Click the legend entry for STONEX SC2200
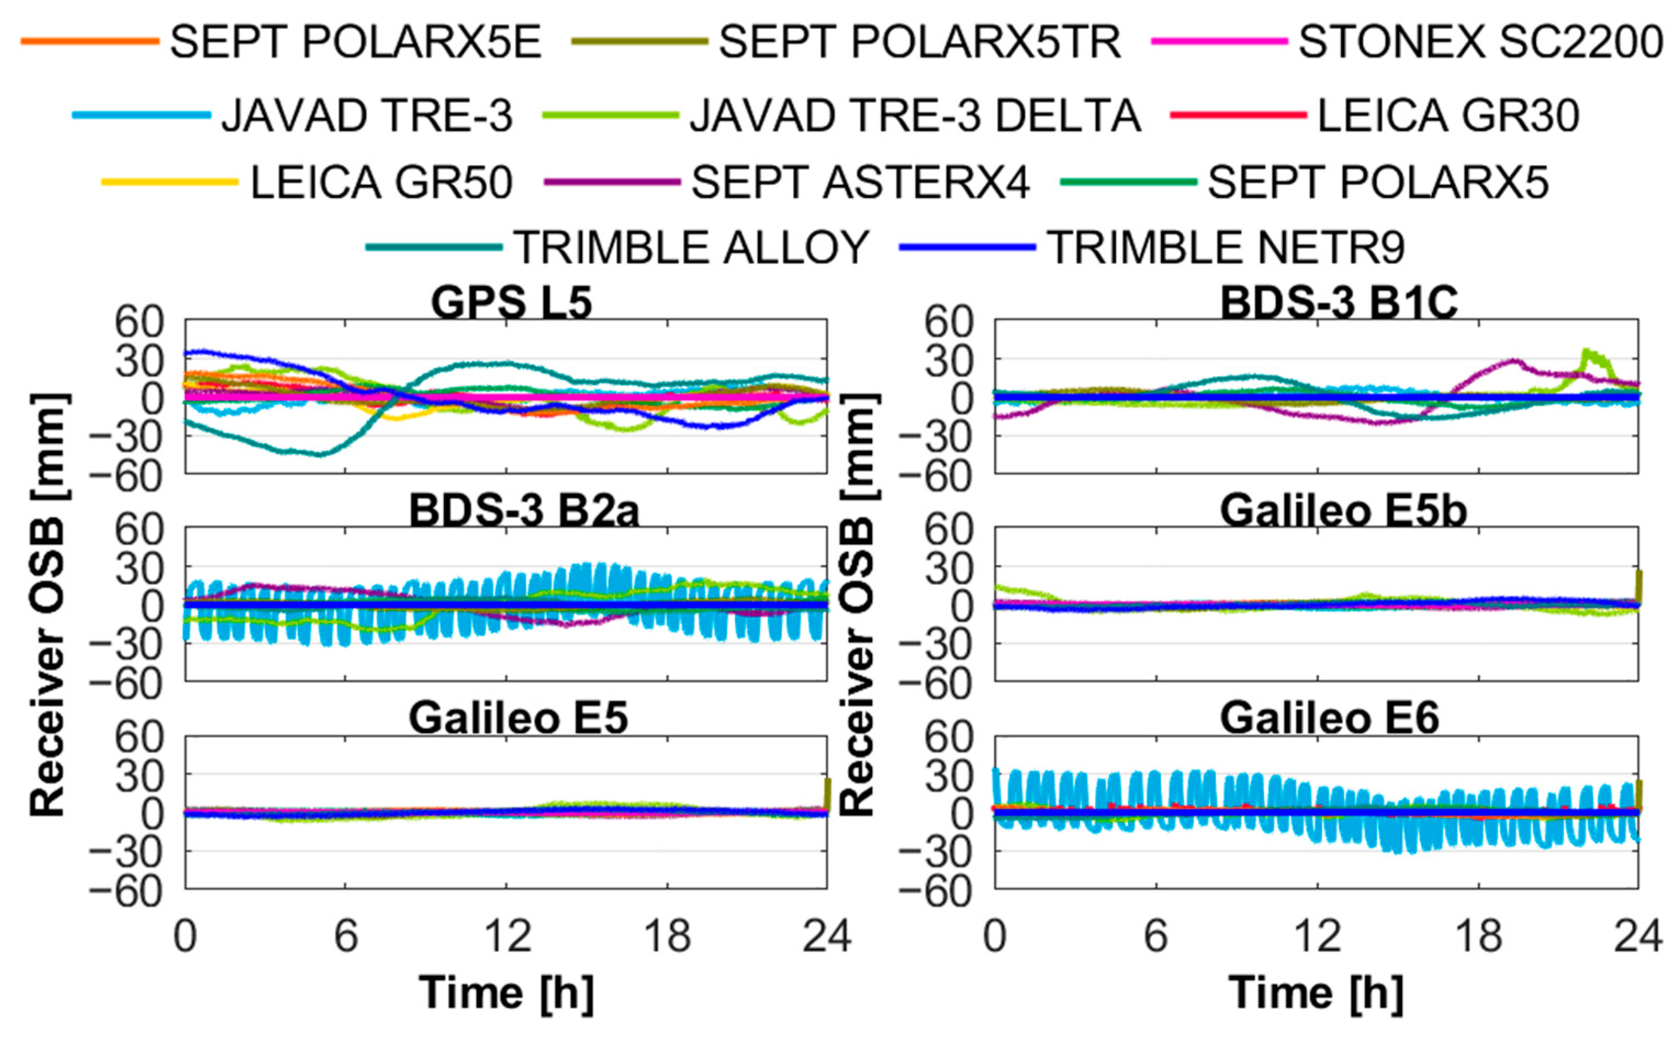[1480, 42]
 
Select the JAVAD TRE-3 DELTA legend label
[915, 115]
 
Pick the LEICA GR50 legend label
[381, 182]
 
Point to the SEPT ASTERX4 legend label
[860, 182]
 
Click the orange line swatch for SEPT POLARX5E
[89, 41]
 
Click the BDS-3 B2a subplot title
[524, 511]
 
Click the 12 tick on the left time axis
[507, 936]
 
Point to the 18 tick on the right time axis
[1479, 936]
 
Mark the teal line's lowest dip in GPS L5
[318, 455]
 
